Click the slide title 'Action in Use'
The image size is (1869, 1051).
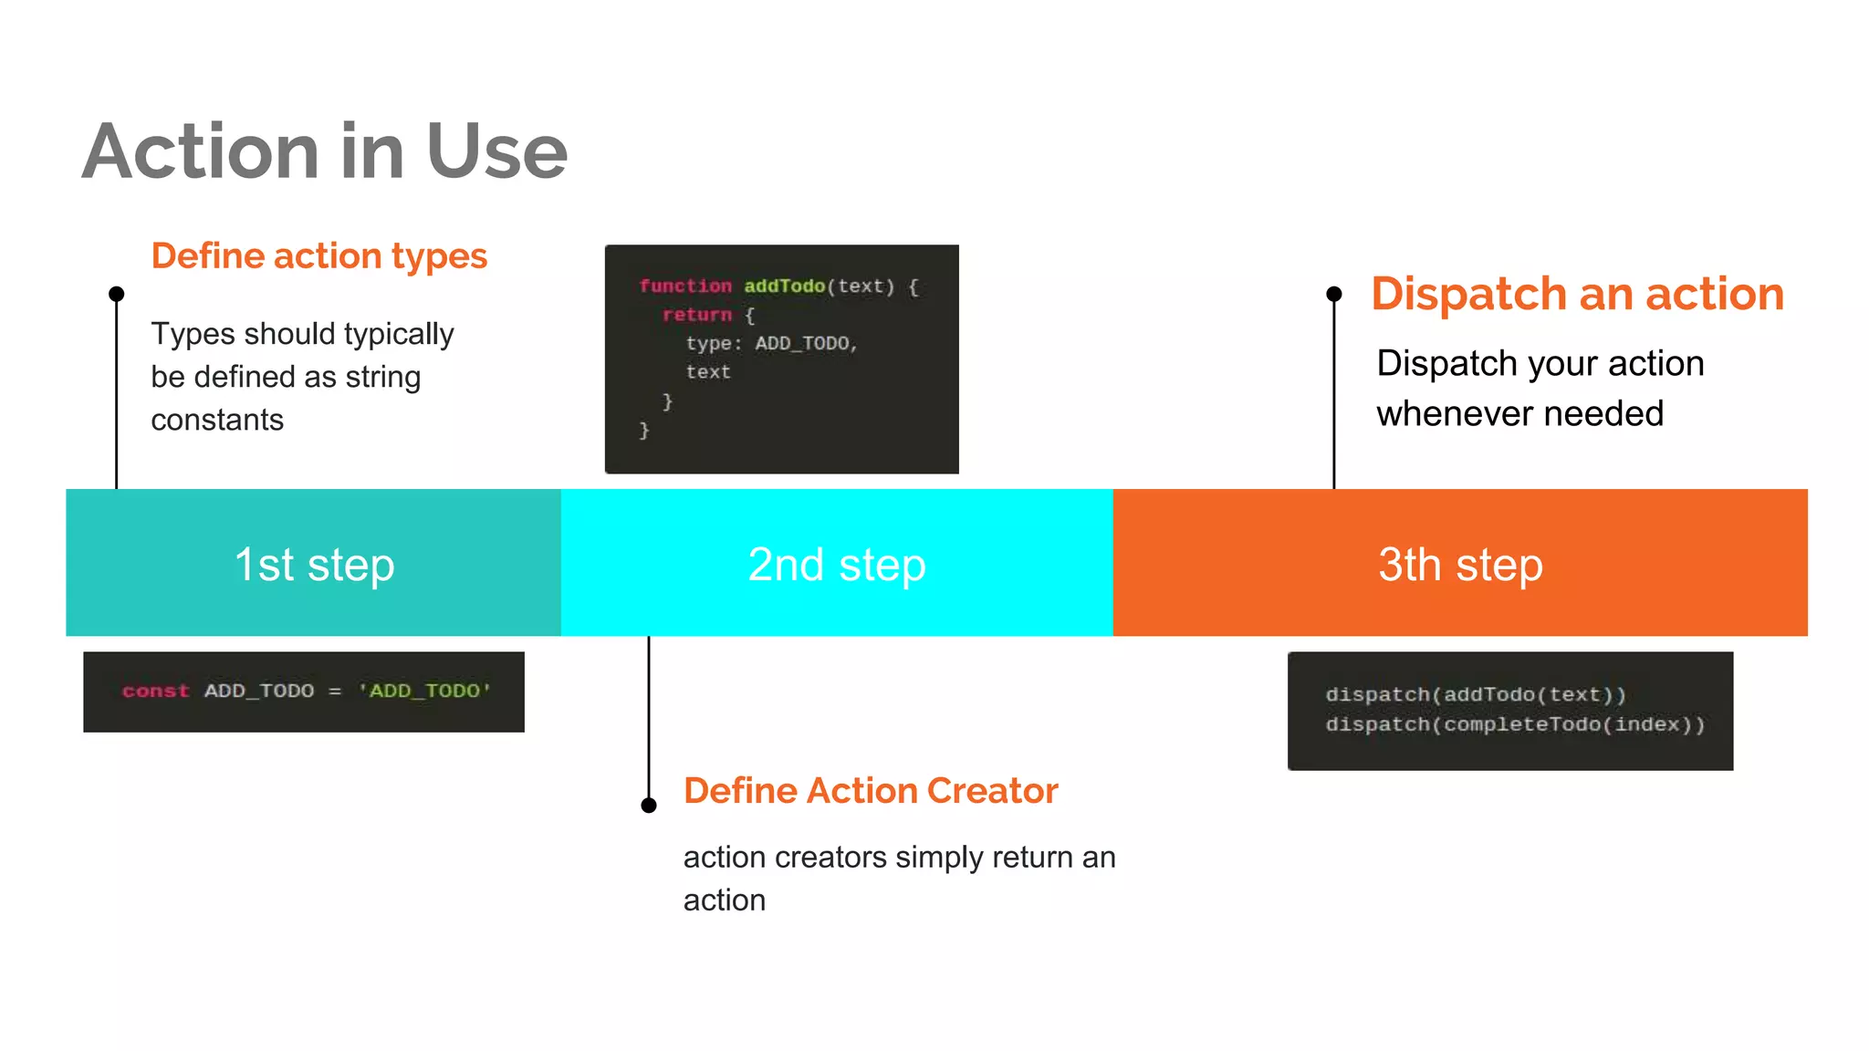(x=325, y=151)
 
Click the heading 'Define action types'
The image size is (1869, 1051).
(x=319, y=256)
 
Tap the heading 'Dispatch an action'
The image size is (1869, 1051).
(x=1577, y=294)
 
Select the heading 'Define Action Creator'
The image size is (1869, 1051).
(x=871, y=790)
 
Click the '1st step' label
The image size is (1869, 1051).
(x=314, y=564)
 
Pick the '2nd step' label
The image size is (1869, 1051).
(x=837, y=564)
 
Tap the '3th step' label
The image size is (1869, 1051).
(x=1460, y=564)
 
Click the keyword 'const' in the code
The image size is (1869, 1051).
(x=156, y=691)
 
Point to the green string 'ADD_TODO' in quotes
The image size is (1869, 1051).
(x=425, y=691)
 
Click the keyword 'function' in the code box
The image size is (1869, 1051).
(x=685, y=286)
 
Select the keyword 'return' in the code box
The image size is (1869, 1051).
(x=697, y=315)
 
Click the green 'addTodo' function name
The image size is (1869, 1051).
(x=784, y=286)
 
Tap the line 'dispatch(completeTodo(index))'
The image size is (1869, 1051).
(x=1515, y=724)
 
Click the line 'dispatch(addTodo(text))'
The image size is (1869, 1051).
(x=1476, y=694)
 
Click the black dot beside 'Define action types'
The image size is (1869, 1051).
(x=117, y=294)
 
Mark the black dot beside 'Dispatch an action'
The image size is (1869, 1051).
(x=1334, y=294)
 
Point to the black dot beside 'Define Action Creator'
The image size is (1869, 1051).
(x=649, y=805)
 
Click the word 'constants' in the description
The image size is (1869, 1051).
(x=217, y=420)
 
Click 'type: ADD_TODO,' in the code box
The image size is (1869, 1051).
(x=772, y=344)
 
